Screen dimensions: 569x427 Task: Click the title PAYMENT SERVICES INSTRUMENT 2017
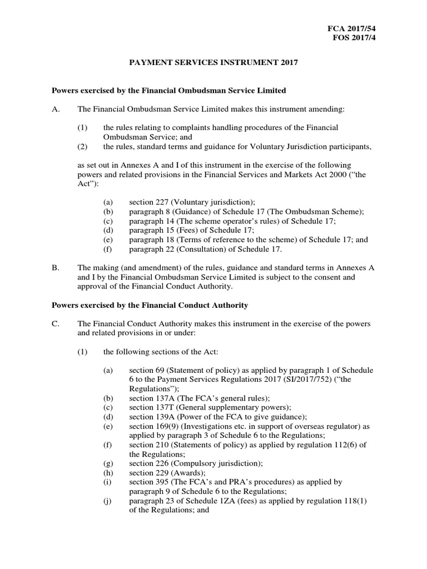coord(213,63)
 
